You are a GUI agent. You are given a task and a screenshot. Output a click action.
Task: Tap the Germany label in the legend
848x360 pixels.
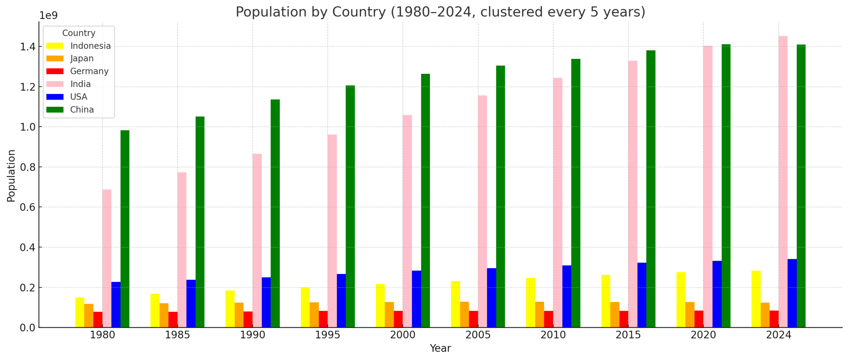click(89, 71)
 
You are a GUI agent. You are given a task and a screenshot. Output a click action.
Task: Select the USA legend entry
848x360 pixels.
click(78, 97)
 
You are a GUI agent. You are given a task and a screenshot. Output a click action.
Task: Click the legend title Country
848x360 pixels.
click(79, 33)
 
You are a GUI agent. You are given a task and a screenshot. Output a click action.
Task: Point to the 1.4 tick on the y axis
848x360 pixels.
click(28, 47)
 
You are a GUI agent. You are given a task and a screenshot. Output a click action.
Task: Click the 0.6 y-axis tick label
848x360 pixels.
click(28, 207)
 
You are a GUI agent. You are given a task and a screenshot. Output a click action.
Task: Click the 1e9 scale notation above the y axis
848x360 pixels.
click(48, 16)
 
